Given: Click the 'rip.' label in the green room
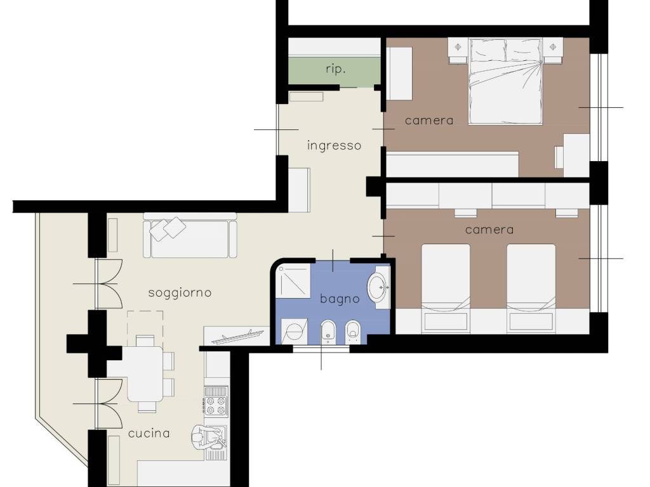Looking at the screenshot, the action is pos(336,69).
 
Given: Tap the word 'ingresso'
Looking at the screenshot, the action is pos(334,146).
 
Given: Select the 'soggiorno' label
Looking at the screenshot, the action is pos(180,293).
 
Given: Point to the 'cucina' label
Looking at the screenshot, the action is pos(149,434).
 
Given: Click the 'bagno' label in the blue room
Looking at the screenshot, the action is pos(340,299).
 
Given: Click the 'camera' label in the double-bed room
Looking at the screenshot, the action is pos(429,120).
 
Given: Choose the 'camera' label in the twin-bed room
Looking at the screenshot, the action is pos(489,230).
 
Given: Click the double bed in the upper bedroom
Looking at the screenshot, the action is pos(505,81).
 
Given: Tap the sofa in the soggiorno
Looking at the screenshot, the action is pos(190,235).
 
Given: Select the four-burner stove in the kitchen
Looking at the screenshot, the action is pos(216,401).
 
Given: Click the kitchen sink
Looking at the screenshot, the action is pos(215,437).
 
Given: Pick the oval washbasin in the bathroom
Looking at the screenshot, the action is pos(379,287).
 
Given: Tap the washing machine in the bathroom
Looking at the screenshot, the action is pos(295,331).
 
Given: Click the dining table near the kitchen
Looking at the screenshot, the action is pos(145,374).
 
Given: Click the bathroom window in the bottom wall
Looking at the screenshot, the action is pos(321,349).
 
